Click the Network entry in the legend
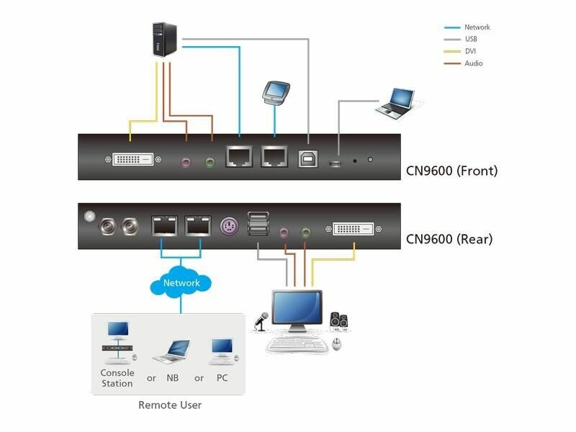click(477, 27)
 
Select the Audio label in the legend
click(473, 63)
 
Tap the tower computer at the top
click(165, 39)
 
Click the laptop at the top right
click(395, 102)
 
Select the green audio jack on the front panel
click(211, 162)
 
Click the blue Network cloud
click(181, 283)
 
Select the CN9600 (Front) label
click(451, 171)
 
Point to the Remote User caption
click(170, 405)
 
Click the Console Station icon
click(117, 342)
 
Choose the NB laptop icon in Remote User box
click(171, 351)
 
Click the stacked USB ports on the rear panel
click(257, 224)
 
